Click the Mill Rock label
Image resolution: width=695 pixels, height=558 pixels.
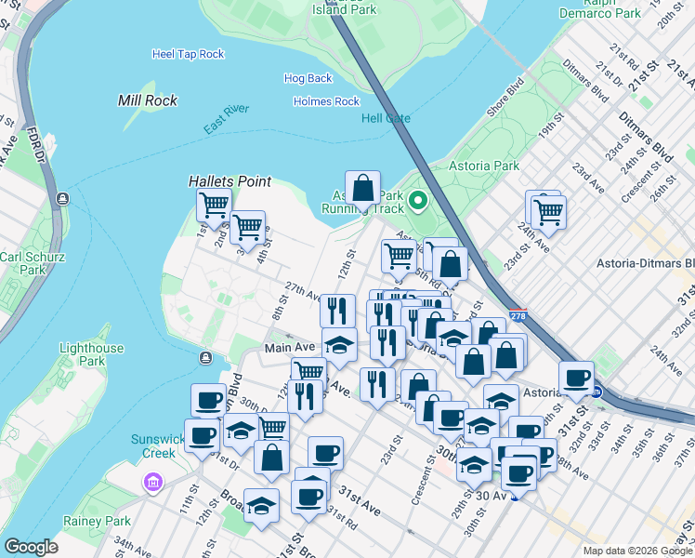(150, 100)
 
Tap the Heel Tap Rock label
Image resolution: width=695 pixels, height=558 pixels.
(189, 55)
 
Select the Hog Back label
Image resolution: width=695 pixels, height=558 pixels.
(308, 79)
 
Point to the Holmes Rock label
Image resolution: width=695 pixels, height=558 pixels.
(326, 101)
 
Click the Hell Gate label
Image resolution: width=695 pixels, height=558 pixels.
(385, 118)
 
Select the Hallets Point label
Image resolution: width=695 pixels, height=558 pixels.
(229, 181)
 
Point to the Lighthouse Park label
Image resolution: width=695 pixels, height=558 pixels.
(91, 354)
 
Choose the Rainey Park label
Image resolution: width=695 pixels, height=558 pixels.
(96, 522)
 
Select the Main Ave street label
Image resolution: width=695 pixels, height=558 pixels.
(291, 348)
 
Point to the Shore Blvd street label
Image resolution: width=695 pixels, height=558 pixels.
(505, 101)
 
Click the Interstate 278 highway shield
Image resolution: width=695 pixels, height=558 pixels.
(518, 317)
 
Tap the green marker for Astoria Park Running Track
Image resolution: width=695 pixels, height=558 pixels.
(418, 199)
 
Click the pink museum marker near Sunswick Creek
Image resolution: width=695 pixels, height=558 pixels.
(152, 483)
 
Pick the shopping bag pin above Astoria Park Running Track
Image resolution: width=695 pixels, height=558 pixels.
(363, 188)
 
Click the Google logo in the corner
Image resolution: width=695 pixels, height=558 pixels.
(31, 547)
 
